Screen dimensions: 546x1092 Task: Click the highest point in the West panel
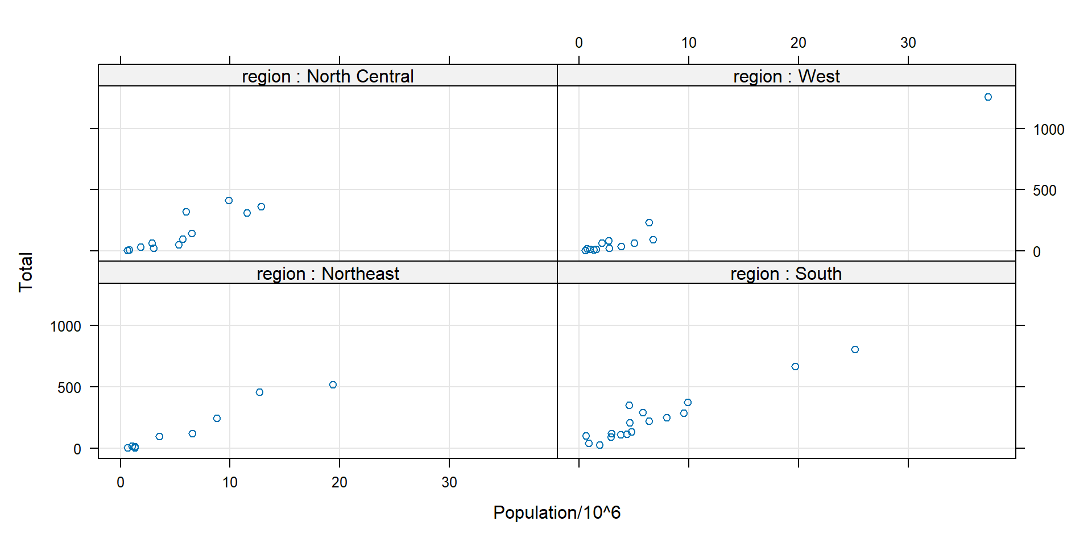(988, 97)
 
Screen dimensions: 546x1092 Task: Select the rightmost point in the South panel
(855, 350)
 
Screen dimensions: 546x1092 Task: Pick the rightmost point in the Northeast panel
(333, 385)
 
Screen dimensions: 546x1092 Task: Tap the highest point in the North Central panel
(229, 201)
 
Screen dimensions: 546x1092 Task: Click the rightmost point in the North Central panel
(261, 207)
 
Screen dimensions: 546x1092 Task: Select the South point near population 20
(795, 367)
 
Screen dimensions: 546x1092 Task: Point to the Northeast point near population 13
(259, 392)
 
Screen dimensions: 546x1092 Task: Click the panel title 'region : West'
(786, 76)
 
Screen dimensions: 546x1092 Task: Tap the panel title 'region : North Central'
(328, 76)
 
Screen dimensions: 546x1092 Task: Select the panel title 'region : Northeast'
(328, 274)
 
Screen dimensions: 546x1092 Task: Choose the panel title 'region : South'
(786, 274)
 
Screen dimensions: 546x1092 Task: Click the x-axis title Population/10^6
(557, 512)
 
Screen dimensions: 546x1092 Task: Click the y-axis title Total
(26, 272)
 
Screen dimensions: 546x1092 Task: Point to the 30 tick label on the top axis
(908, 43)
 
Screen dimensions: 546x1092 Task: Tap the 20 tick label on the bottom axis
(339, 482)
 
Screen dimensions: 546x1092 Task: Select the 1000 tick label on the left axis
(65, 326)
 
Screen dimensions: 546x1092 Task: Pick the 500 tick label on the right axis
(1044, 191)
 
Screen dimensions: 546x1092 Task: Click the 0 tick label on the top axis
(578, 43)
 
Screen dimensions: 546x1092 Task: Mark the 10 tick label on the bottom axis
(230, 482)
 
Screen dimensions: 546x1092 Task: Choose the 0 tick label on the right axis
(1036, 252)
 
